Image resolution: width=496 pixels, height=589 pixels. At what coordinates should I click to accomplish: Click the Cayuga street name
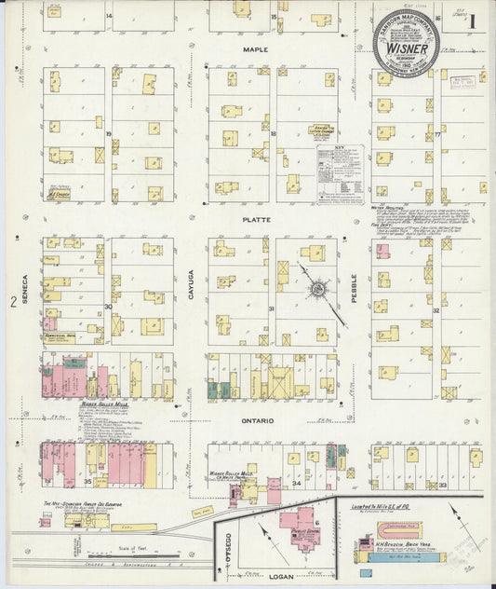tap(191, 281)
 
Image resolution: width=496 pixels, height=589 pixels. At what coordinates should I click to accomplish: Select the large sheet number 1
tap(473, 20)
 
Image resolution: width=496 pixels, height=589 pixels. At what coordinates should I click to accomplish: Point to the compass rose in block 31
tap(318, 289)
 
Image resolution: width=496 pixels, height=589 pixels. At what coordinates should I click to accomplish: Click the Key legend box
tap(339, 168)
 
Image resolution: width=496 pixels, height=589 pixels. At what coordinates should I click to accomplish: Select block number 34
tap(296, 485)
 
